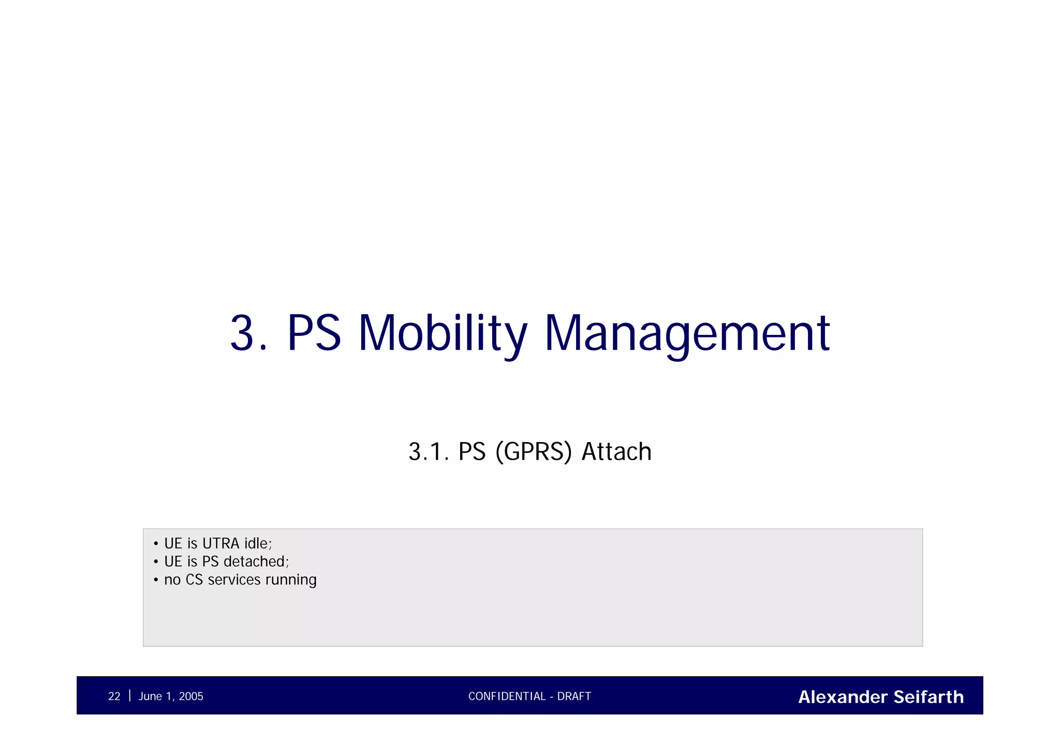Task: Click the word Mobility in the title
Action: click(443, 334)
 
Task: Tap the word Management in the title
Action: click(687, 334)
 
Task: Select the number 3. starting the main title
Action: click(248, 334)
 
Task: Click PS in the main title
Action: click(314, 334)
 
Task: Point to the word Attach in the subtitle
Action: click(616, 451)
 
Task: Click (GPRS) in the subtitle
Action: click(534, 451)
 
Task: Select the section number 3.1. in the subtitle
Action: click(428, 451)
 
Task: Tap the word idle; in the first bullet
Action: click(258, 544)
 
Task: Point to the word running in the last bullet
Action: click(290, 580)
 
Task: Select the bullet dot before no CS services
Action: click(156, 580)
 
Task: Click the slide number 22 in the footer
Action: click(114, 696)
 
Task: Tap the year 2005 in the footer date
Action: click(191, 696)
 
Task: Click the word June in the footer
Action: click(150, 696)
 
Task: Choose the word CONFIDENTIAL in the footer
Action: click(507, 696)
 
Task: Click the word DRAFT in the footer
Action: click(574, 696)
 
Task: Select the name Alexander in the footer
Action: click(843, 697)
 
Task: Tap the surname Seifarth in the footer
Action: click(929, 697)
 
